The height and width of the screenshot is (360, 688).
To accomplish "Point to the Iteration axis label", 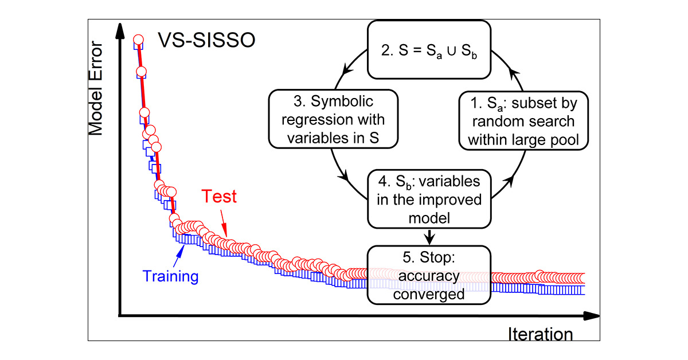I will click(x=540, y=334).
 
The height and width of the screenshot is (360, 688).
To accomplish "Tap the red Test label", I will click(x=219, y=197).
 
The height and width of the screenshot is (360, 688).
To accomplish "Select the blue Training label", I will click(x=170, y=276).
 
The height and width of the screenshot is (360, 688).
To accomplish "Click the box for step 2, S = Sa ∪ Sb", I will click(x=429, y=49).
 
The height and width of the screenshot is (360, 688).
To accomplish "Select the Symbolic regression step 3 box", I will click(x=333, y=120).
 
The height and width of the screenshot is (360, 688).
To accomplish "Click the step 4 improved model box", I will click(x=429, y=199).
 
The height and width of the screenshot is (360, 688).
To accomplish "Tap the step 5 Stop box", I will click(x=429, y=276).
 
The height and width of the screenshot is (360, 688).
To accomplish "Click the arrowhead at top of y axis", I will click(x=120, y=32).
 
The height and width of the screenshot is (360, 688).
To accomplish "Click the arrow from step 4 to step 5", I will click(x=429, y=236).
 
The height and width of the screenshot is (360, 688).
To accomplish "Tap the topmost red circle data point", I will click(x=138, y=40).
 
